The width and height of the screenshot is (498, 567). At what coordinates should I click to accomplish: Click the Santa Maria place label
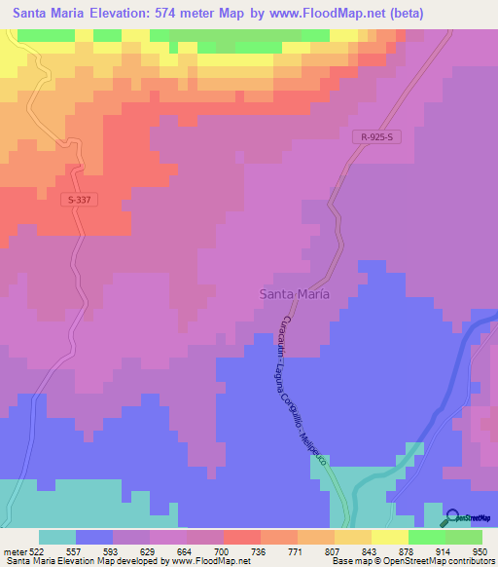[x=294, y=293]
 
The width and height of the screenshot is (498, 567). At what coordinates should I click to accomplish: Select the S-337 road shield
[x=84, y=200]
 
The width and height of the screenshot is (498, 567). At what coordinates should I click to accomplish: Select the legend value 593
[x=112, y=550]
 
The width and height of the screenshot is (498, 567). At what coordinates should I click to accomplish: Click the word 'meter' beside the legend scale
[x=14, y=550]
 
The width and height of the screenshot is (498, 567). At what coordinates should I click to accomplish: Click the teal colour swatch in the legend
[x=57, y=537]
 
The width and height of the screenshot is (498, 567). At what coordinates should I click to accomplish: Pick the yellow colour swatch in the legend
[x=390, y=537]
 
